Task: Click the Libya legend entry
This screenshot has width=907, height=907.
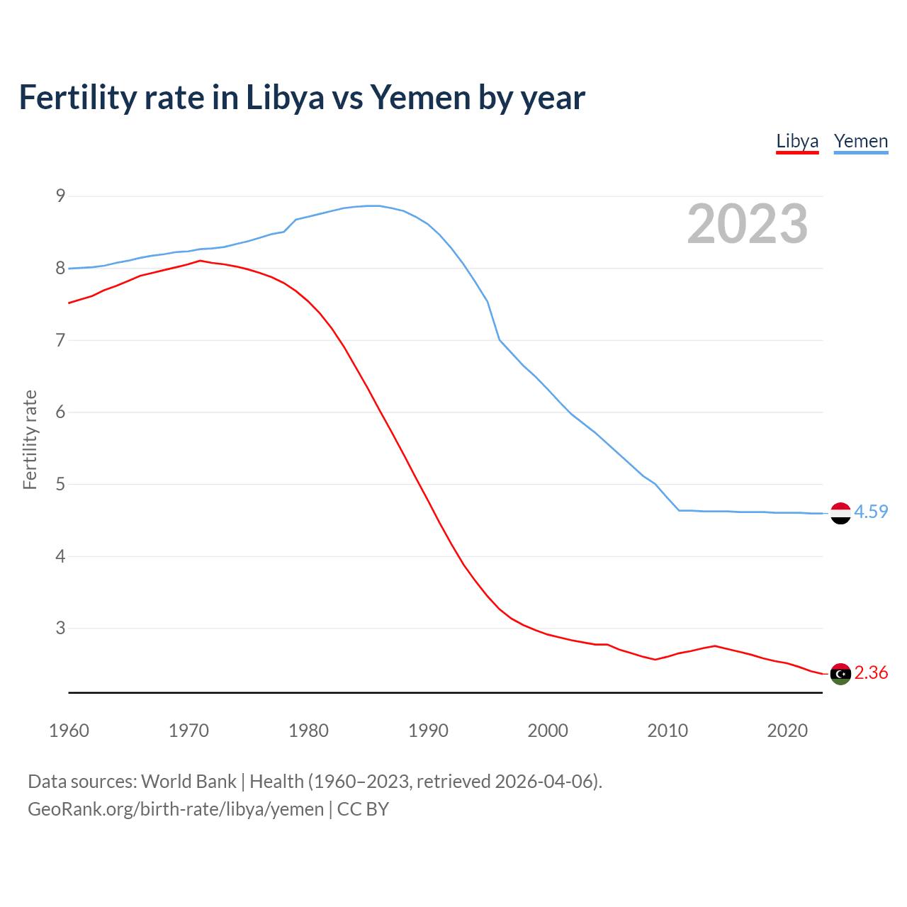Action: [x=797, y=142]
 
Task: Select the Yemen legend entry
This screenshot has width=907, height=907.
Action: [x=860, y=142]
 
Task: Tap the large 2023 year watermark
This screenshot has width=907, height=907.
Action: [x=747, y=224]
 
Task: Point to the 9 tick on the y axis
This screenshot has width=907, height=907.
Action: [x=60, y=196]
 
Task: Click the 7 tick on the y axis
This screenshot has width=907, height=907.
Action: [x=60, y=340]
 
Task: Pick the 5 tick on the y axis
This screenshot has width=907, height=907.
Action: [x=60, y=484]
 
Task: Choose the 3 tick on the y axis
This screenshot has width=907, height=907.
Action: [x=60, y=628]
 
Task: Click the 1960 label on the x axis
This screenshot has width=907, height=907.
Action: [x=69, y=731]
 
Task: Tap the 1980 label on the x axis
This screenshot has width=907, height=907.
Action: [x=308, y=731]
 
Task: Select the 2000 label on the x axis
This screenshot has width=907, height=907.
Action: [x=548, y=731]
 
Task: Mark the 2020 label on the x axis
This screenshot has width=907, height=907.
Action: [x=787, y=731]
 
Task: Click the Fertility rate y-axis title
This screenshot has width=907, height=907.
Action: [x=30, y=439]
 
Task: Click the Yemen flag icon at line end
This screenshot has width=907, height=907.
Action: [x=840, y=513]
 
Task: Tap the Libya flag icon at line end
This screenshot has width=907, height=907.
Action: [x=840, y=674]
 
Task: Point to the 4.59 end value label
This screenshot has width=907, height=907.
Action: [x=871, y=512]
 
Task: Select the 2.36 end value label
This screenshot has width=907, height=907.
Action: [x=871, y=672]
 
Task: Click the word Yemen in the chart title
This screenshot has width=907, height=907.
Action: [x=420, y=98]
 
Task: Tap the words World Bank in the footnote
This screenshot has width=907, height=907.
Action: [x=188, y=782]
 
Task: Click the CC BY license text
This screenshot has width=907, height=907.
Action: [x=363, y=809]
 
